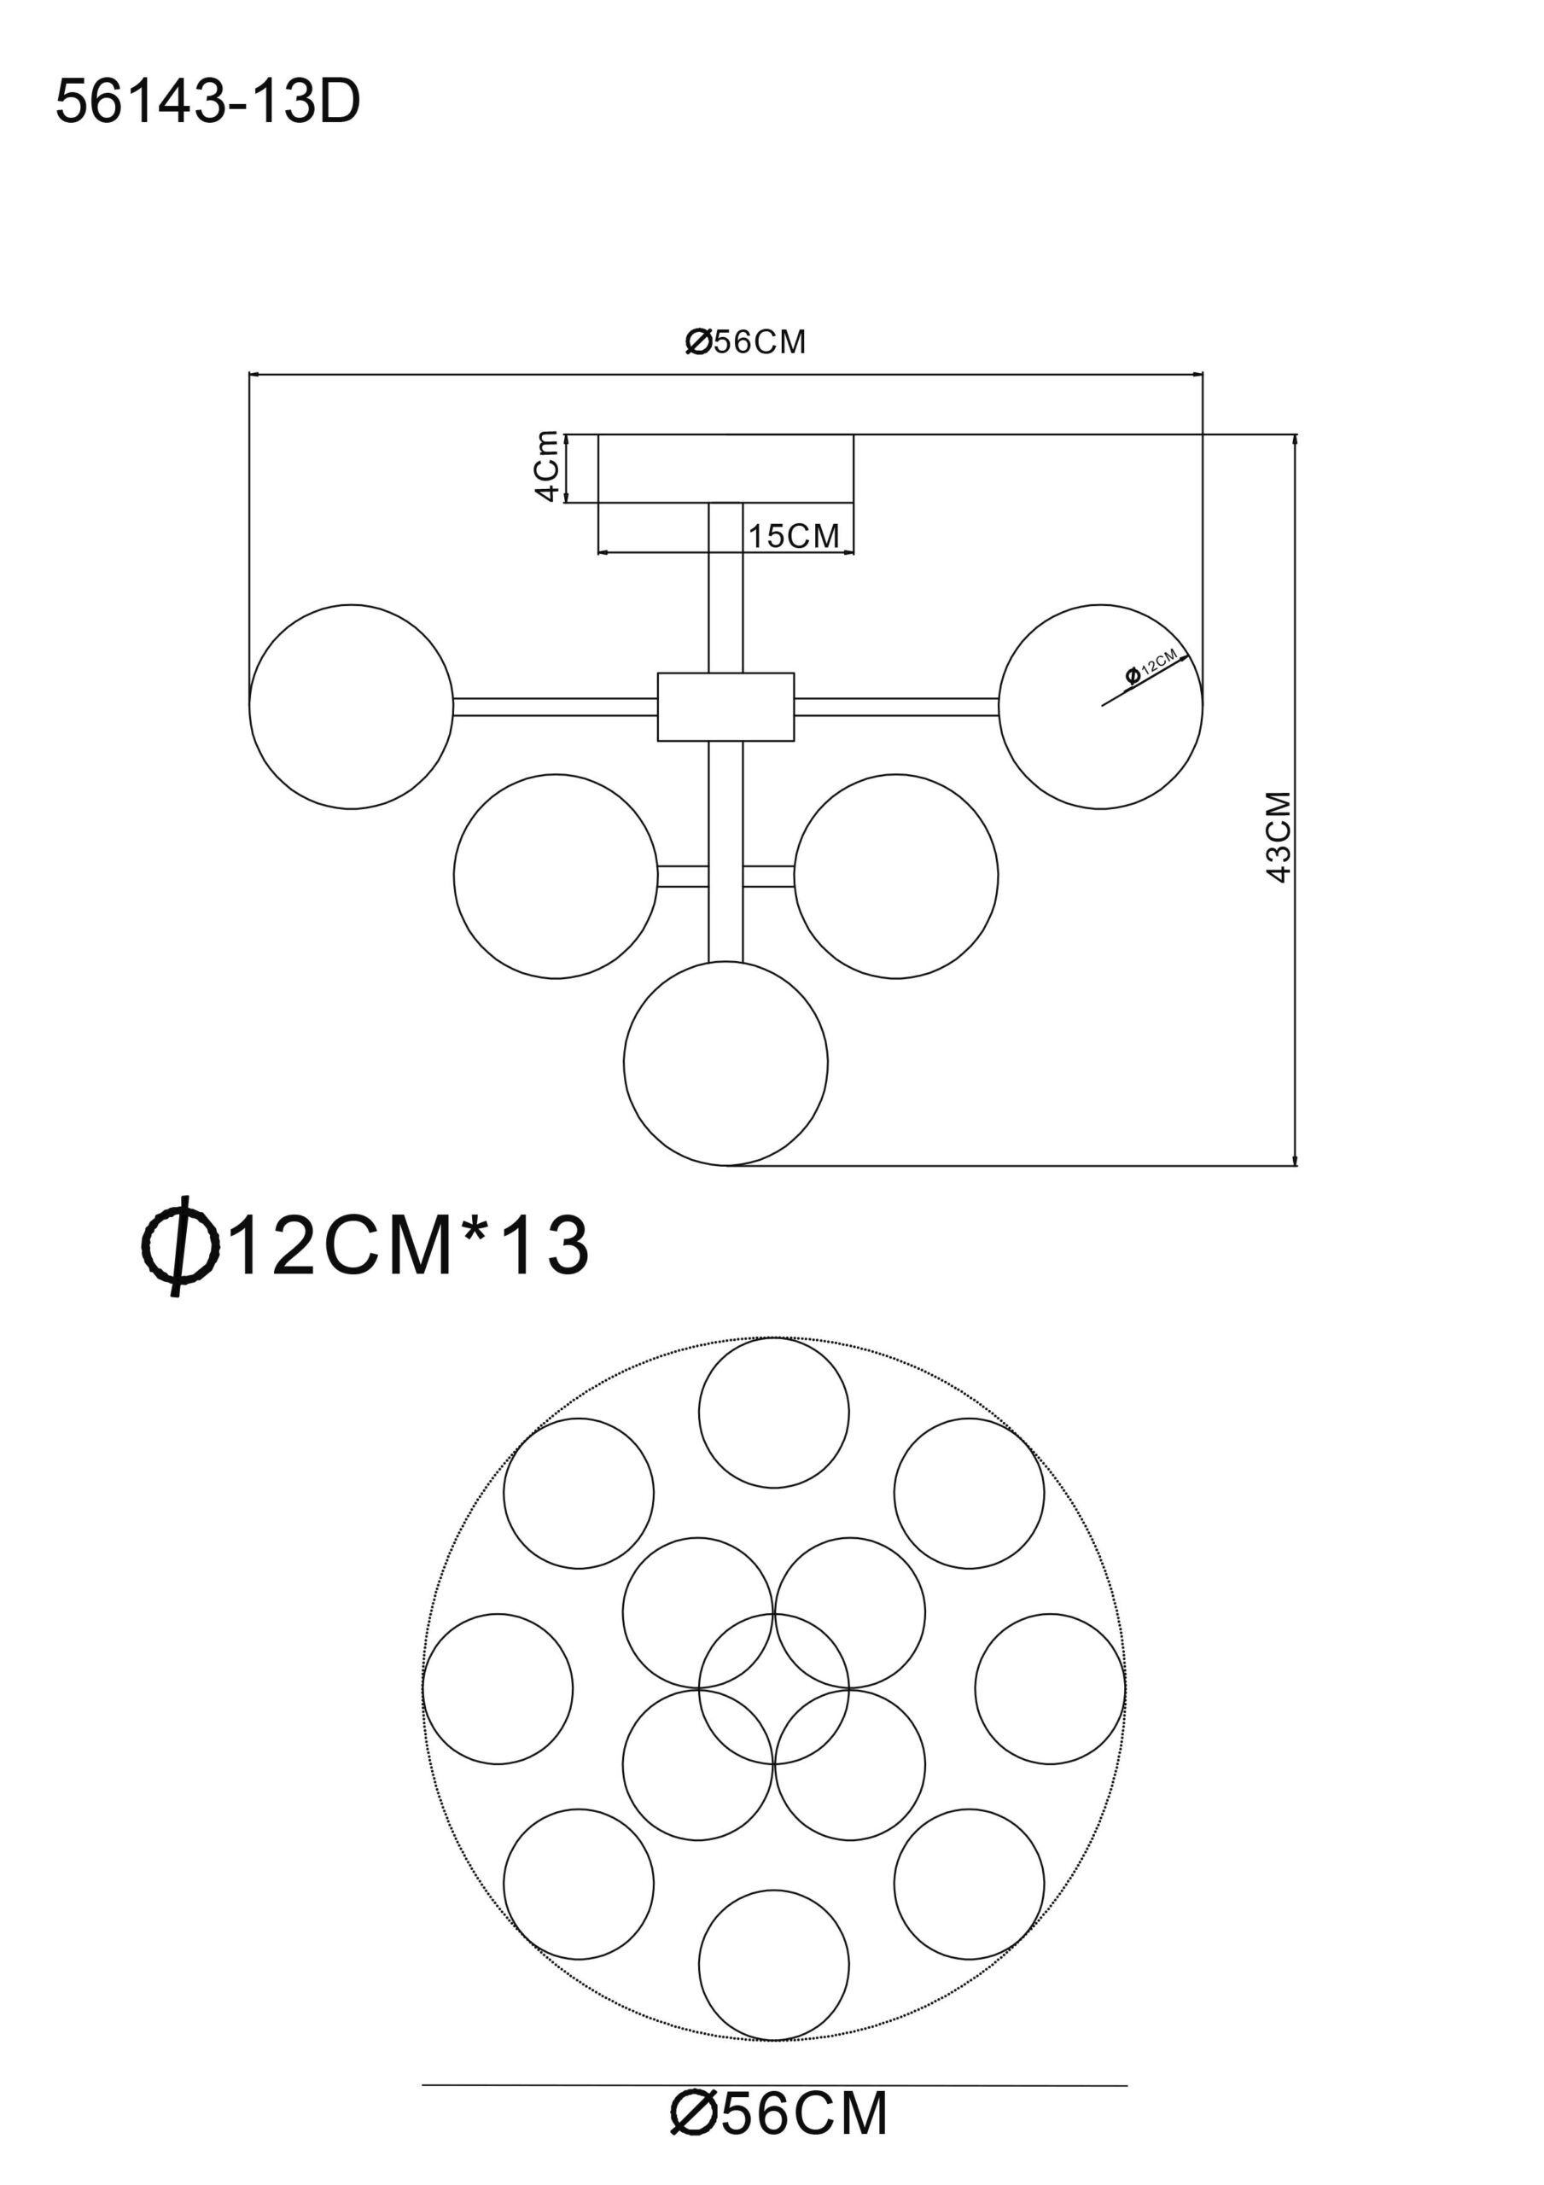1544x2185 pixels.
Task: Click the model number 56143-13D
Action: pos(207,102)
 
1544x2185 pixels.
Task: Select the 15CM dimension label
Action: pos(794,536)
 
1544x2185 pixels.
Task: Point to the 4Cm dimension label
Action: pos(546,466)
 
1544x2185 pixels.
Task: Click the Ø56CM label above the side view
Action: pos(745,341)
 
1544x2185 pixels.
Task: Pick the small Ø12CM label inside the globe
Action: pos(1152,664)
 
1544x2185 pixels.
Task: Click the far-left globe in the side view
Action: pos(352,707)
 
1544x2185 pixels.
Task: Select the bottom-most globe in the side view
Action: pos(725,1063)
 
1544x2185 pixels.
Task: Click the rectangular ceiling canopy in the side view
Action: pos(725,469)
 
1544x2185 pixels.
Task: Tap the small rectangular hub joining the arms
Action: pos(725,707)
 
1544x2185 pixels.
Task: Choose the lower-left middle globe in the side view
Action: pos(556,877)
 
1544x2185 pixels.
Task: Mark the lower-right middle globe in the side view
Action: pos(895,877)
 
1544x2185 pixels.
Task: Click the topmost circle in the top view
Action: pos(774,1413)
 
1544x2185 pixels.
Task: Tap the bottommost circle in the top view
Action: pos(774,1965)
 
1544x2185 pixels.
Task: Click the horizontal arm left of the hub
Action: pos(556,707)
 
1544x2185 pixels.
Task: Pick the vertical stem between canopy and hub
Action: pos(725,588)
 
